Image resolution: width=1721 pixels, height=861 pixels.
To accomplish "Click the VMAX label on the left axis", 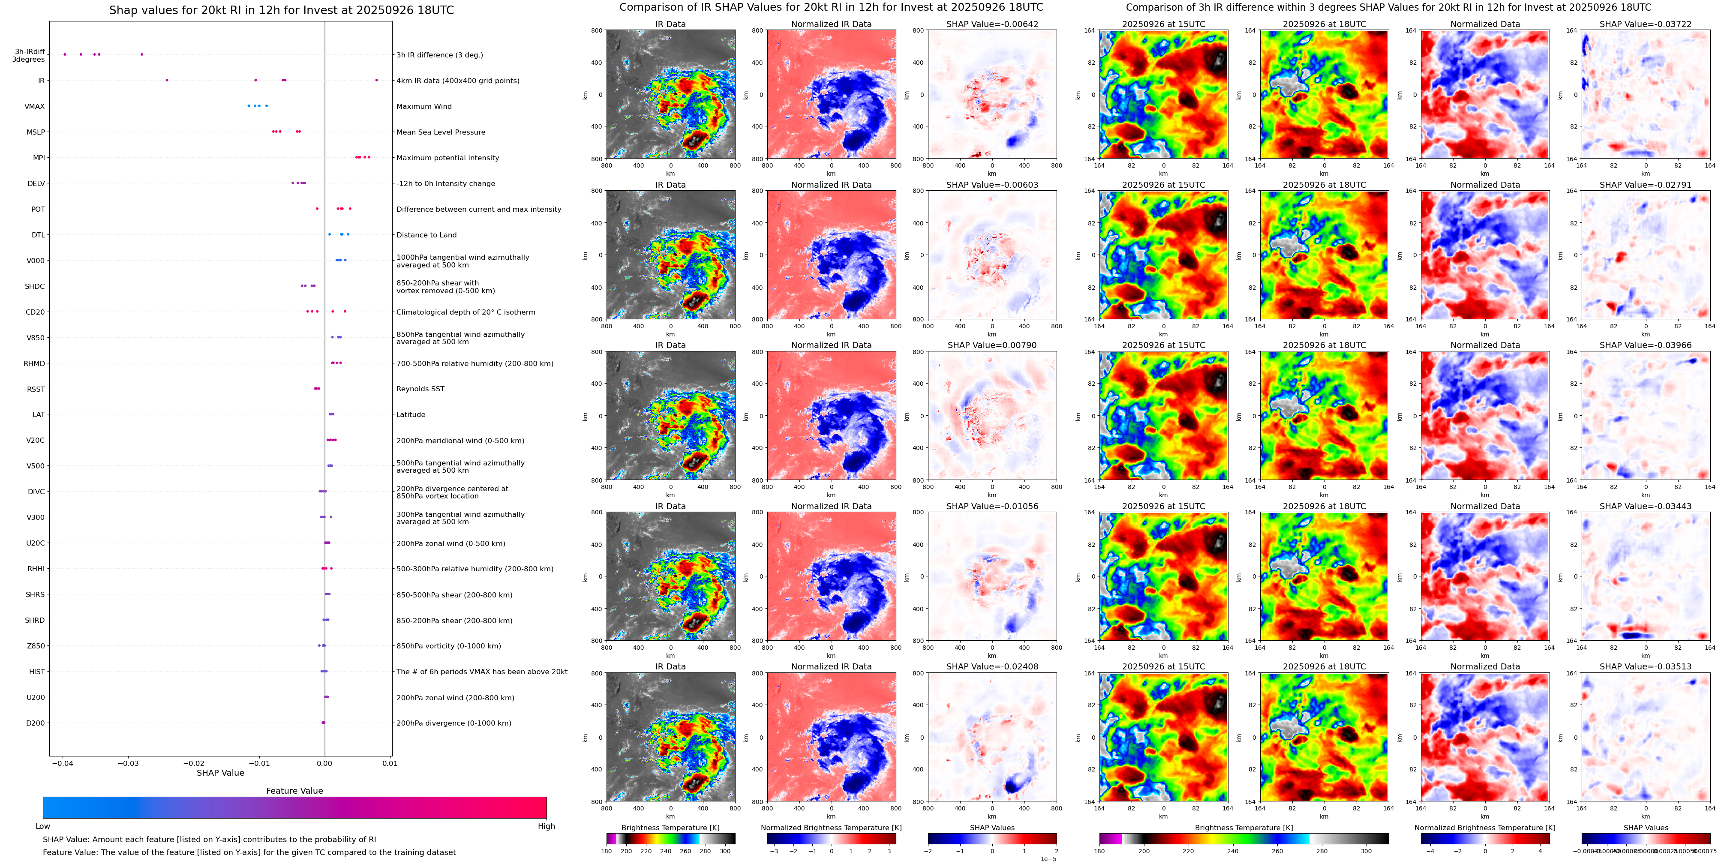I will (x=35, y=106).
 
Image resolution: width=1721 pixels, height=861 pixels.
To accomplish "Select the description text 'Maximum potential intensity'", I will (x=448, y=158).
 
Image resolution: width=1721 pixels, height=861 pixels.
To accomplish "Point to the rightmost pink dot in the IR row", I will (x=376, y=80).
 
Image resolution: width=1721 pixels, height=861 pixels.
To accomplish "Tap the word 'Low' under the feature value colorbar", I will (x=43, y=826).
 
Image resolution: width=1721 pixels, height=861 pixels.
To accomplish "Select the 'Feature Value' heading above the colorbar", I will (x=294, y=791).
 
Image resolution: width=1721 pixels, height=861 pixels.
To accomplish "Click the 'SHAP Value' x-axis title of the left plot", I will (x=220, y=773).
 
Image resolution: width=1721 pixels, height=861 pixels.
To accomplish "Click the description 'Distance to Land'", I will (x=426, y=235).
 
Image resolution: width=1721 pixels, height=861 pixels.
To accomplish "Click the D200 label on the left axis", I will (x=36, y=723).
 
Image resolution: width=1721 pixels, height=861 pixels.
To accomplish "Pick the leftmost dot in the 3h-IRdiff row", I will (x=65, y=54).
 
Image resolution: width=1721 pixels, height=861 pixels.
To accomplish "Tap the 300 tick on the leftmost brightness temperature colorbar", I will (x=725, y=851).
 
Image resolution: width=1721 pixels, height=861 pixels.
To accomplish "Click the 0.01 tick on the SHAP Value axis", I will (x=390, y=763).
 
